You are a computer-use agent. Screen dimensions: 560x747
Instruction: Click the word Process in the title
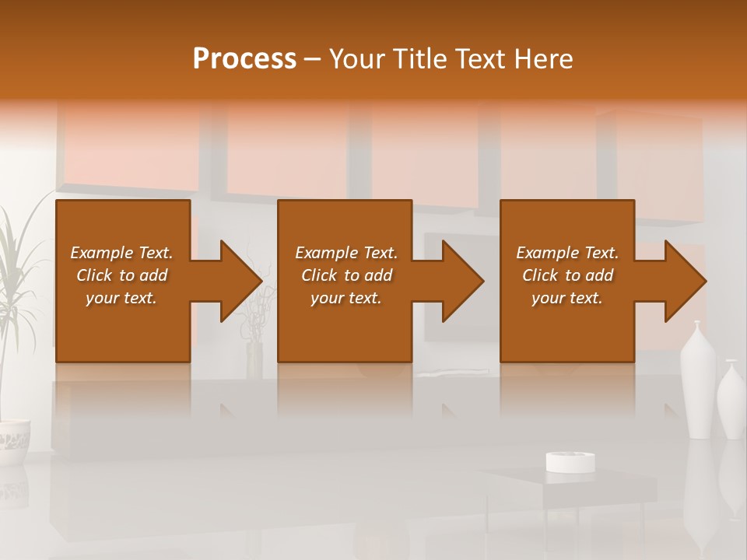point(244,58)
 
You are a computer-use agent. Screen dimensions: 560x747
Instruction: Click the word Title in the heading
point(422,58)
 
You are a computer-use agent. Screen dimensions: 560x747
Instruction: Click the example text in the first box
point(122,275)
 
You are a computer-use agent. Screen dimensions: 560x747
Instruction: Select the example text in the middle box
point(345,275)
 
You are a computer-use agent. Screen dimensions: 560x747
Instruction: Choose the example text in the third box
point(567,275)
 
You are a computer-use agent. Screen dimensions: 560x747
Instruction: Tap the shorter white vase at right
point(731,401)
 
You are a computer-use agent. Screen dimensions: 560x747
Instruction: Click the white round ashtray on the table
point(570,461)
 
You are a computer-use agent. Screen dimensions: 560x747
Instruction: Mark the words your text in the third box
point(567,298)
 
